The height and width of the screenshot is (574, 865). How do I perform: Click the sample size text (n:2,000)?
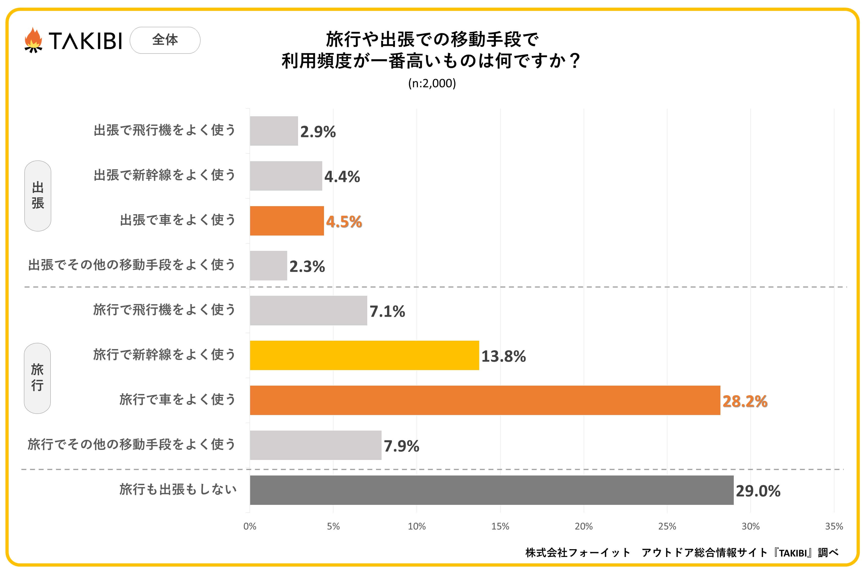(x=432, y=83)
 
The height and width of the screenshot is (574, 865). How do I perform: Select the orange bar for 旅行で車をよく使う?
(x=485, y=400)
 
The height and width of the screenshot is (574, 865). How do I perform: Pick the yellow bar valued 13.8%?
(x=364, y=355)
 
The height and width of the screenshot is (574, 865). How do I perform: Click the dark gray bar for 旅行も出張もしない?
(x=491, y=490)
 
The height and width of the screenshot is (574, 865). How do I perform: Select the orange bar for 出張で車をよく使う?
(x=287, y=221)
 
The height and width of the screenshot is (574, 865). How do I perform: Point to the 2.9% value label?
(x=318, y=132)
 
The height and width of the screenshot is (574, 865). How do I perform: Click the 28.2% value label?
(x=744, y=401)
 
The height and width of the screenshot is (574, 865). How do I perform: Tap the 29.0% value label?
(x=758, y=491)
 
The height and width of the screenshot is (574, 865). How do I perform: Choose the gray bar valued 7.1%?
(x=308, y=310)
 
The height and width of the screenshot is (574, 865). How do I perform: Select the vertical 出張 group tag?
(x=38, y=196)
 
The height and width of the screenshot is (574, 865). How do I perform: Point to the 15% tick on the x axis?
(x=500, y=526)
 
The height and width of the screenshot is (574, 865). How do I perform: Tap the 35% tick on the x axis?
(x=834, y=526)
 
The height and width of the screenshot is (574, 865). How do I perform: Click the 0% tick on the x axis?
(x=250, y=526)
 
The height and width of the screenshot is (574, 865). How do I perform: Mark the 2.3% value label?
(x=307, y=266)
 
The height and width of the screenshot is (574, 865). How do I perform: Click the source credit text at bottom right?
(x=681, y=553)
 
